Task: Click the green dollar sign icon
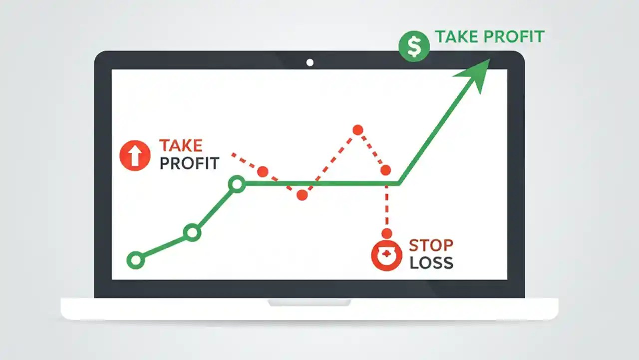click(414, 46)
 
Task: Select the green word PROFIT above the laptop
click(515, 37)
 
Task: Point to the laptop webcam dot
click(310, 62)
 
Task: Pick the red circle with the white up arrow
click(135, 155)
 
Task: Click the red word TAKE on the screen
click(181, 146)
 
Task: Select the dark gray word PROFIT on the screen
click(189, 163)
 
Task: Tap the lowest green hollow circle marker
click(135, 260)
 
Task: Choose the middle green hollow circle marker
click(192, 232)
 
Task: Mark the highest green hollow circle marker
click(237, 184)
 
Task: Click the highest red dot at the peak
click(357, 130)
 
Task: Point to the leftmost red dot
click(263, 171)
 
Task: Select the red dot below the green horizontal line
click(302, 195)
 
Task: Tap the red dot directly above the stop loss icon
click(386, 233)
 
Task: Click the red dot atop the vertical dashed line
click(385, 170)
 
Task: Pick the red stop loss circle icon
click(386, 255)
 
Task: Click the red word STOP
click(431, 245)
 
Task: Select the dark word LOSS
click(431, 262)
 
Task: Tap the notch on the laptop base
click(310, 302)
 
